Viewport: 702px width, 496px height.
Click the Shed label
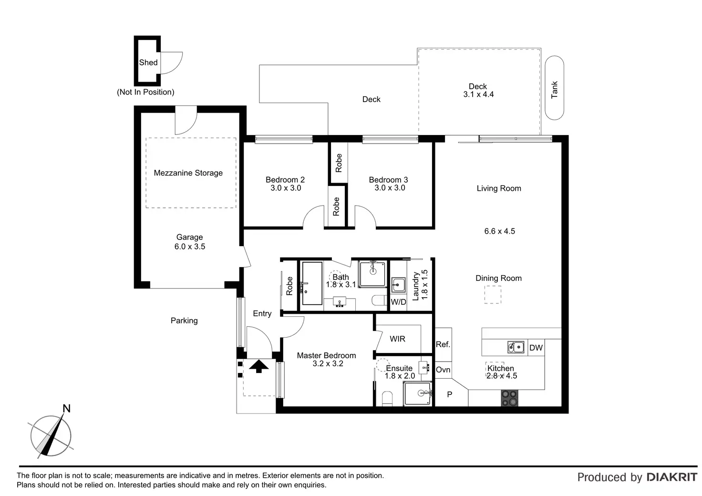148,62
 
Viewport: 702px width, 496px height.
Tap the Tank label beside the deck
554,90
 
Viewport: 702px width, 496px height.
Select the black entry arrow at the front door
258,366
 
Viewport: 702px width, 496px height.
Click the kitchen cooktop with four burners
510,398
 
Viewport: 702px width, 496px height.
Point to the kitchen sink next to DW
516,347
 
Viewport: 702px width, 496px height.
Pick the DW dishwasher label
536,348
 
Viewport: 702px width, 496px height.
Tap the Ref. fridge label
443,344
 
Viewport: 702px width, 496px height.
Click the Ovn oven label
443,370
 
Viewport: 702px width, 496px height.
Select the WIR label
397,339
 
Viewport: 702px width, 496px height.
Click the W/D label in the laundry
398,302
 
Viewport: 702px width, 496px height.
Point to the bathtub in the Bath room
311,283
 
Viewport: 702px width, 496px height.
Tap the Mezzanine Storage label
188,173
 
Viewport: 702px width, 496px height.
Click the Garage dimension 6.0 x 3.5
190,247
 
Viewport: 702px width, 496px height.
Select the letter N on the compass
66,408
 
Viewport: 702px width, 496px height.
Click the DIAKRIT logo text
671,477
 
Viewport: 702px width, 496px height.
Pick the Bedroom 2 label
285,179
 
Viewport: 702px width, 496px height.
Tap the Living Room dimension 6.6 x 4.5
499,231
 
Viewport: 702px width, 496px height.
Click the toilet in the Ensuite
387,399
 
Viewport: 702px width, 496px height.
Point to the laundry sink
398,285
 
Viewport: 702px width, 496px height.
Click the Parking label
184,320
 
